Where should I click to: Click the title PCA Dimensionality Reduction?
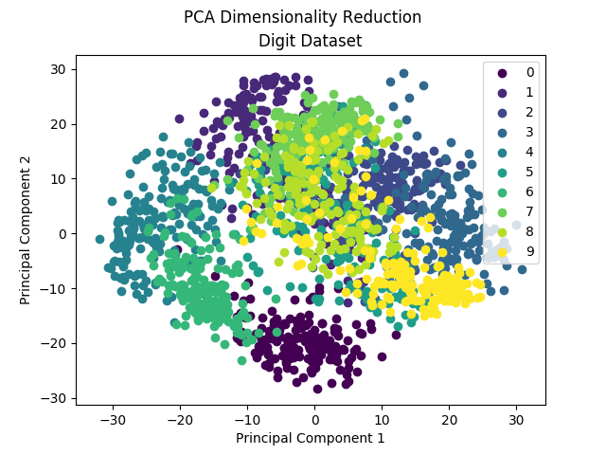tap(303, 17)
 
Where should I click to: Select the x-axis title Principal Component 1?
tap(310, 437)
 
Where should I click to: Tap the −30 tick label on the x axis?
tap(113, 418)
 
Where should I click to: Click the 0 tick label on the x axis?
tap(315, 418)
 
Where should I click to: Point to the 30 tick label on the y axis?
tap(59, 69)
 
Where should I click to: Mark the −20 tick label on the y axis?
tap(56, 343)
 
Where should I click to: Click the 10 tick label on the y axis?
tap(59, 179)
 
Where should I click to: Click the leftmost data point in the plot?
tap(99, 240)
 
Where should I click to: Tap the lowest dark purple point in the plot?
tap(317, 389)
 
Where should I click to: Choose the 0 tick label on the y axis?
tap(62, 234)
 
